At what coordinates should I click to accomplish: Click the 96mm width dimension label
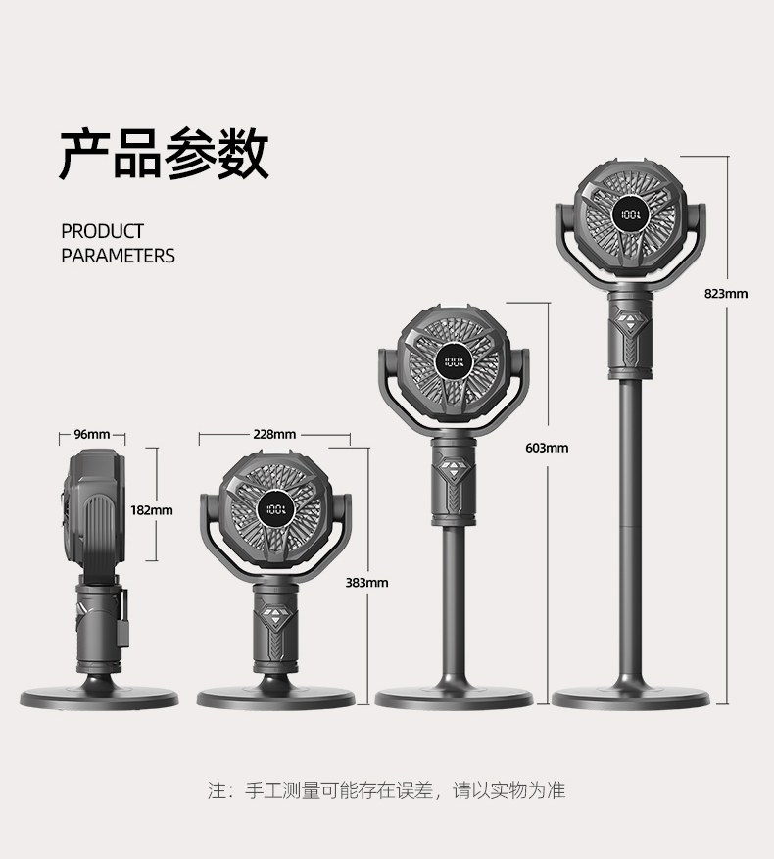tap(93, 434)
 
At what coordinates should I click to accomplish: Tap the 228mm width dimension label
tap(274, 434)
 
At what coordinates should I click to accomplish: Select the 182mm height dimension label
tap(152, 510)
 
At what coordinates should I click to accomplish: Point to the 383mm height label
tap(367, 583)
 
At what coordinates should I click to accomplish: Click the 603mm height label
tap(547, 448)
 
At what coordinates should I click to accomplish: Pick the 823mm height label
tap(726, 293)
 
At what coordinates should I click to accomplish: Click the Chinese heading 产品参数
tap(164, 154)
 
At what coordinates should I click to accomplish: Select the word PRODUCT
tap(102, 231)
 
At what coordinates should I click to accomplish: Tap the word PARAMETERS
tap(118, 256)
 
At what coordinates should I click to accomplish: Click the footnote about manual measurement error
tap(386, 789)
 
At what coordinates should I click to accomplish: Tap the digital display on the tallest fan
tap(630, 214)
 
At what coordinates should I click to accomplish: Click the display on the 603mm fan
tap(454, 361)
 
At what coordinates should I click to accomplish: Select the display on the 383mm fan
tap(275, 510)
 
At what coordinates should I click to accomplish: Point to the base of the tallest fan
tap(630, 697)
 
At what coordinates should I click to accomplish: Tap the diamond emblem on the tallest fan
tap(628, 319)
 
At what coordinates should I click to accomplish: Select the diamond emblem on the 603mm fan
tap(453, 466)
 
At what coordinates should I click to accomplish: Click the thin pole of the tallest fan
tap(629, 519)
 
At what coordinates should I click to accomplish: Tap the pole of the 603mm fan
tap(453, 597)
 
